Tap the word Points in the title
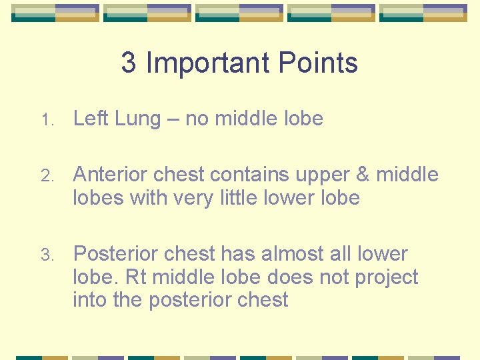[x=318, y=63]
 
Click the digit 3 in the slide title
[x=129, y=63]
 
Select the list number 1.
[x=45, y=121]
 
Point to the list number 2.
[x=45, y=176]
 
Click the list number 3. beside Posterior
[x=45, y=255]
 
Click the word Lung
[x=138, y=119]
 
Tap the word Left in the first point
[x=91, y=119]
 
